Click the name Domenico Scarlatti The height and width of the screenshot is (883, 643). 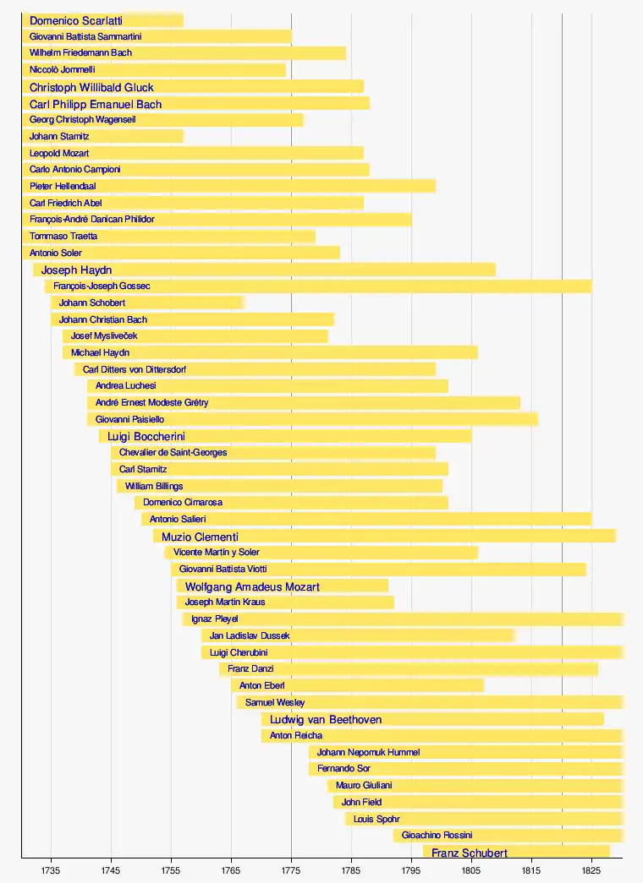coord(76,20)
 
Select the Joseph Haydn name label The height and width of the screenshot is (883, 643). coord(76,270)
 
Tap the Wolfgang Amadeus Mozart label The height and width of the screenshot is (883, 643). coord(252,586)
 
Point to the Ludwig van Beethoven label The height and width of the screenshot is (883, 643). coord(326,720)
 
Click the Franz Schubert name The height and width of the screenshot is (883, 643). coord(470,853)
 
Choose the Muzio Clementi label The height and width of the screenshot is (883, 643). coord(200,537)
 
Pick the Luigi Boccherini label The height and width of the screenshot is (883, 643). coord(146,437)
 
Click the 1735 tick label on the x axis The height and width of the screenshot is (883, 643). coord(51,869)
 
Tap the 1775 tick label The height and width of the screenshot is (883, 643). coord(291,869)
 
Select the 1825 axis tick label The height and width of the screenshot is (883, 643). coord(591,869)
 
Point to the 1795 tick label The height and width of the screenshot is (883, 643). coord(411,869)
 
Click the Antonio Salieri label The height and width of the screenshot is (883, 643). coord(178,520)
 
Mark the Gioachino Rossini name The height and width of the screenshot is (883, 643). coord(437,836)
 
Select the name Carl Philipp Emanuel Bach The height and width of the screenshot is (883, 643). coord(96,104)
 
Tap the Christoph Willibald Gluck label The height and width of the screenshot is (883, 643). coord(91,87)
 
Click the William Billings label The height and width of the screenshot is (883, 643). coord(154,487)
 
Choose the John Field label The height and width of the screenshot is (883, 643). coord(361,803)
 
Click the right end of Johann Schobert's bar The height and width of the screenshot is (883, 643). coord(243,303)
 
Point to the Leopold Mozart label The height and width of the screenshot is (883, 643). coord(59,154)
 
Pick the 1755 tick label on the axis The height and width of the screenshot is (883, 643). coord(171,869)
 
